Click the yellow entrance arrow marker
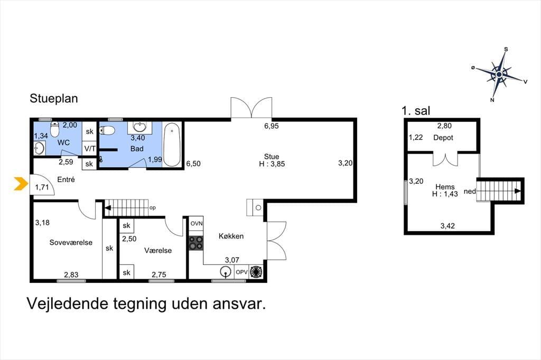(21, 184)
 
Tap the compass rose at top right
(499, 74)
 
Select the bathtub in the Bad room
(172, 145)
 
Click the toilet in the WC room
(55, 129)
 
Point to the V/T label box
(90, 149)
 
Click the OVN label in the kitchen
(197, 223)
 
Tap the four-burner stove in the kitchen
(196, 242)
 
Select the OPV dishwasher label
(241, 272)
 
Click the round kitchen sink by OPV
(226, 272)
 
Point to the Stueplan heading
(54, 98)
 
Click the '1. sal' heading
(416, 111)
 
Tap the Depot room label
(443, 138)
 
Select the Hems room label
(445, 187)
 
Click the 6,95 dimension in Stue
(272, 126)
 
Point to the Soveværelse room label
(71, 242)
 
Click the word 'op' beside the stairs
(153, 208)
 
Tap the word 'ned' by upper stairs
(470, 191)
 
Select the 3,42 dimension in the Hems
(447, 226)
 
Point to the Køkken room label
(231, 236)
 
